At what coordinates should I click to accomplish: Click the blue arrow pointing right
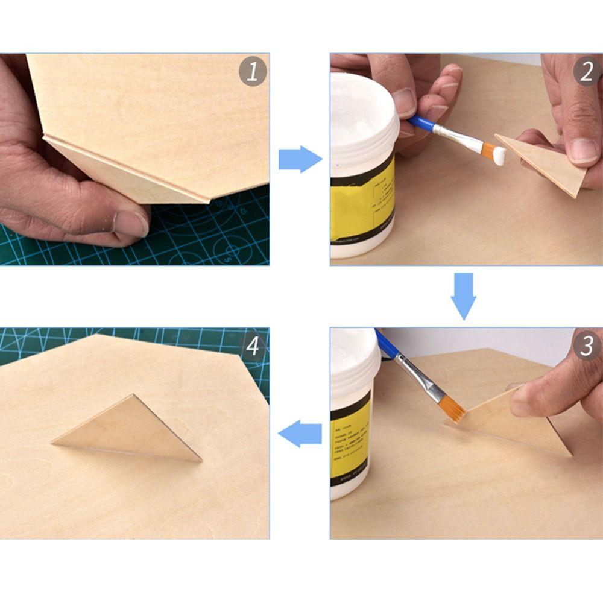[300, 160]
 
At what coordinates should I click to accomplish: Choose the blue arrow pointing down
[464, 295]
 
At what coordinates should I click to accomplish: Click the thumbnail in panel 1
[130, 223]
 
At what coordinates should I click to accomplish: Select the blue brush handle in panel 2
[422, 123]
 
